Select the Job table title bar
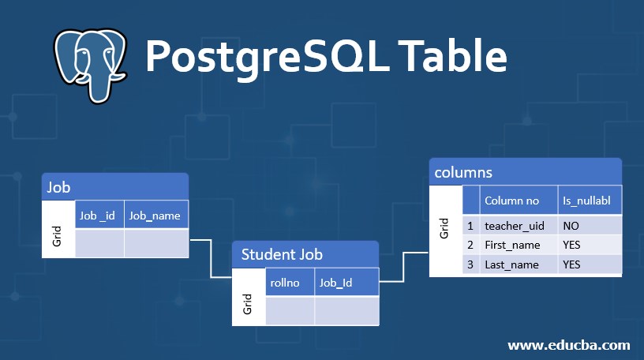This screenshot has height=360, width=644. point(115,187)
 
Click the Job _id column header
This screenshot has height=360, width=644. point(99,215)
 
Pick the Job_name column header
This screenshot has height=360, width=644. point(155,215)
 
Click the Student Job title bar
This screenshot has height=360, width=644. point(305,254)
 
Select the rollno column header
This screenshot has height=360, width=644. point(290,283)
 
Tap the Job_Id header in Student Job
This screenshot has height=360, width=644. point(346,283)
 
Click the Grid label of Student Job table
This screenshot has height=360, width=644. point(248,303)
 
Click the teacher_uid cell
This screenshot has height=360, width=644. point(518,226)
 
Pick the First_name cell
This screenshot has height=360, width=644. point(518,245)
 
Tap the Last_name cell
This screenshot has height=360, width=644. point(518,264)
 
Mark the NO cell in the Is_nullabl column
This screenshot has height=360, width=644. point(590,226)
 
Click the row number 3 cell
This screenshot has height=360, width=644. point(470,264)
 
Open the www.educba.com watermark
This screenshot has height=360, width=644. point(568,345)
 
